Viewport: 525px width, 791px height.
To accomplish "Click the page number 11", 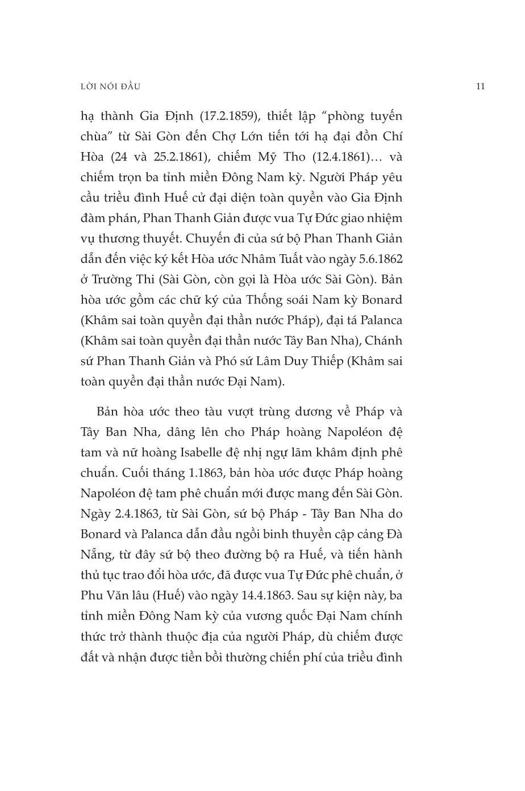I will [480, 87].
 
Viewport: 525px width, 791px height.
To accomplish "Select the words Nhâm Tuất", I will [280, 259].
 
